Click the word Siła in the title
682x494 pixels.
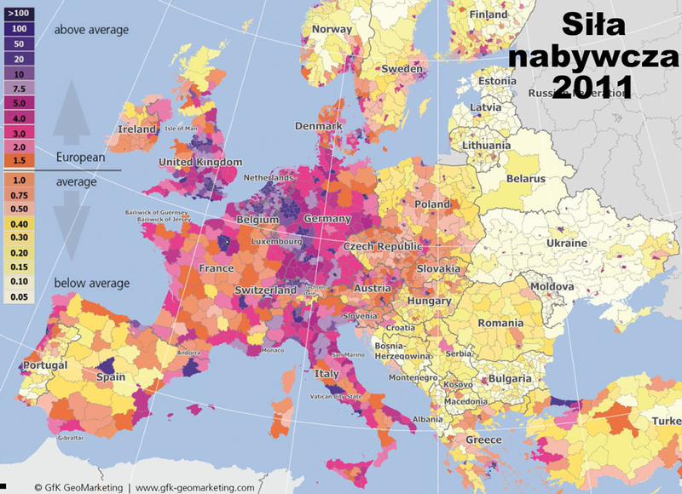point(601,25)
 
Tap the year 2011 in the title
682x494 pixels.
point(591,86)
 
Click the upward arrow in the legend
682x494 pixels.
point(70,110)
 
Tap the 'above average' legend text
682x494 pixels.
point(91,30)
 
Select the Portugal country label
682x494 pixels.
point(22,365)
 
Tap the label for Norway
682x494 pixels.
point(332,29)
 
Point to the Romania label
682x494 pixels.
point(500,324)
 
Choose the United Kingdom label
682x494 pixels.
point(200,162)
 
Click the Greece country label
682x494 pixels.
point(483,439)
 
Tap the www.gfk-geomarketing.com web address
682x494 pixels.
point(194,488)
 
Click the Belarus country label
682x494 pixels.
point(525,179)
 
